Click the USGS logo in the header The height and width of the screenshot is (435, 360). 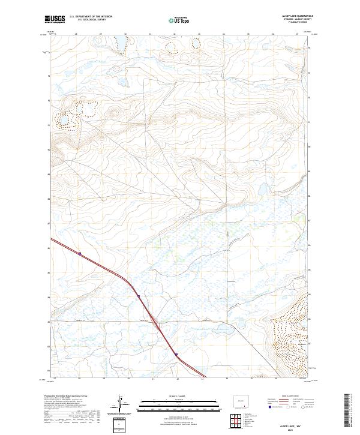55,19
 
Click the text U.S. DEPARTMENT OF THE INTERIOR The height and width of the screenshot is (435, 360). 91,17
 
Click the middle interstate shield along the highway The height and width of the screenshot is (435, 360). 138,296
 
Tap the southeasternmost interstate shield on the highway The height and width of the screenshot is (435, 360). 177,355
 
